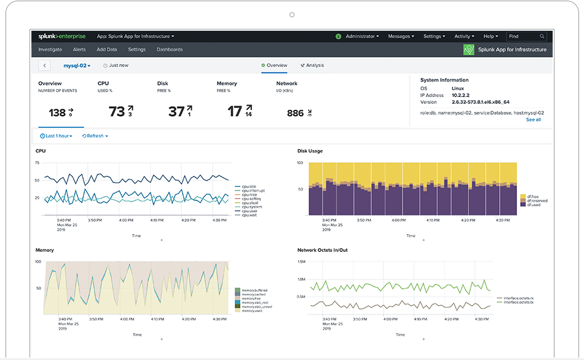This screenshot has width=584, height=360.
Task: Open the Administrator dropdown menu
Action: pos(361,36)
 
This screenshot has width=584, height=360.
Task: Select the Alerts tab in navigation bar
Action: pos(79,50)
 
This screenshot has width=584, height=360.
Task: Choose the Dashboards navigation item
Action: pos(170,50)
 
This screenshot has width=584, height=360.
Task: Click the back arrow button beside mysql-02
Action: pos(44,65)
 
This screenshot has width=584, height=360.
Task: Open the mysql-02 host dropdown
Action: pos(77,65)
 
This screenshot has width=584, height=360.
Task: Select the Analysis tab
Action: pos(312,65)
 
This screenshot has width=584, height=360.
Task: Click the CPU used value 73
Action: pos(117,112)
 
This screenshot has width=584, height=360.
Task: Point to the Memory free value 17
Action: pos(235,112)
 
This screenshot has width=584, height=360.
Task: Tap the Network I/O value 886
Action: pos(295,113)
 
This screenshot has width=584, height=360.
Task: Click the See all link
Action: pos(533,120)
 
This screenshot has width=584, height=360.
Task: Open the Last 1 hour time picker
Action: pos(56,136)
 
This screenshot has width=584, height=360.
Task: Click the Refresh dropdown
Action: pos(95,136)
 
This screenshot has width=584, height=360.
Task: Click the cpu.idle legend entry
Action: pos(248,186)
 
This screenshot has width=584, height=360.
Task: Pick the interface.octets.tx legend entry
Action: pos(518,302)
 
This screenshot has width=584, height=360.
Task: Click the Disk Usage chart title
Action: pos(310,151)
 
